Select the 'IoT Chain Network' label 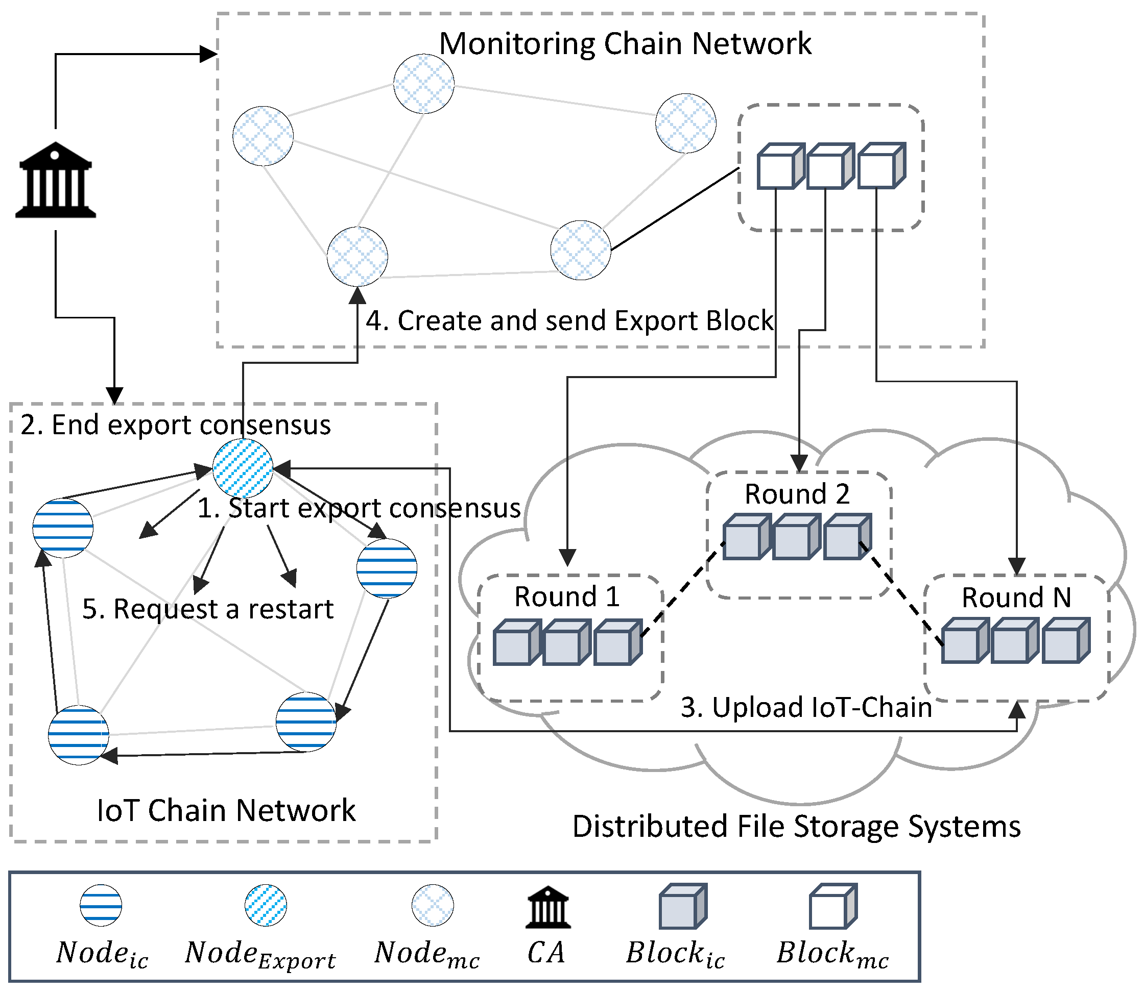(x=226, y=810)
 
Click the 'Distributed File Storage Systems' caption (x=796, y=826)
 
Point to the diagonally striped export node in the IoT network (x=243, y=468)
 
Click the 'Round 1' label (x=567, y=597)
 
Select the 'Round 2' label (x=797, y=493)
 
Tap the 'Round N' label (x=1016, y=598)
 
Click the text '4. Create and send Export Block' (x=569, y=320)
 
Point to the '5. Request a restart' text (x=208, y=609)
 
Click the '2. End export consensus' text (x=176, y=425)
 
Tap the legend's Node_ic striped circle (x=101, y=905)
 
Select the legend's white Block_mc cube (x=832, y=907)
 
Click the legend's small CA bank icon (x=548, y=907)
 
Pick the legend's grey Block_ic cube (x=682, y=907)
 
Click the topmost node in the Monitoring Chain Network (x=423, y=84)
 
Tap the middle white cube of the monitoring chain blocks (x=829, y=166)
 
